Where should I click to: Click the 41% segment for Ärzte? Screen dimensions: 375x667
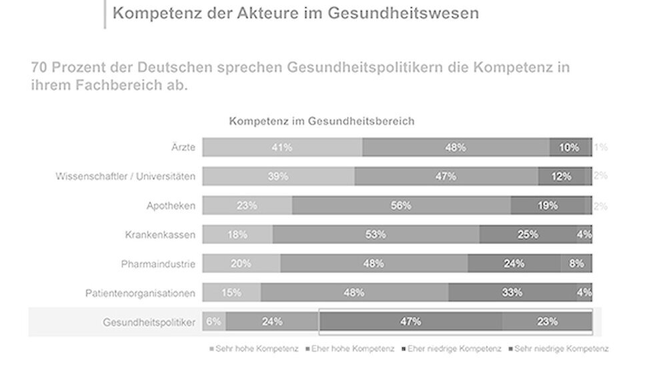click(282, 147)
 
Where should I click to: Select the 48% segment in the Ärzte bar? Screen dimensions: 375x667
click(456, 147)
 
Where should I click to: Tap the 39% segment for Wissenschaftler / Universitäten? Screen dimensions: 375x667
click(278, 176)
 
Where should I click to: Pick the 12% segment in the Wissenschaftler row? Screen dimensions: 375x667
click(562, 176)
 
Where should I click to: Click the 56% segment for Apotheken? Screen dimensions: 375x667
click(401, 206)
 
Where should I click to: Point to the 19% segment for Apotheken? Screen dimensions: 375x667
click(548, 206)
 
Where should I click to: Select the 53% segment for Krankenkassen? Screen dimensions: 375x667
click(376, 234)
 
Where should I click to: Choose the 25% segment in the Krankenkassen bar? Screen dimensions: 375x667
click(528, 234)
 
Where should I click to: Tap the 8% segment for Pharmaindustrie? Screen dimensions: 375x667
click(576, 264)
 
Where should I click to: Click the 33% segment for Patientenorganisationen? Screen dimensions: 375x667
click(512, 292)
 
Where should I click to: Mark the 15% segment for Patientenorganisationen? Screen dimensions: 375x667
click(231, 292)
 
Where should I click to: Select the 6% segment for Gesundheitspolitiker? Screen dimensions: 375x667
click(214, 322)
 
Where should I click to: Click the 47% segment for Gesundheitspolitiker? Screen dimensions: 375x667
click(410, 322)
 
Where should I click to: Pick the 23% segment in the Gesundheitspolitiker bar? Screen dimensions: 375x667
click(547, 322)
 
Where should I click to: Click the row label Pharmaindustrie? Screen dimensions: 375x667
click(158, 264)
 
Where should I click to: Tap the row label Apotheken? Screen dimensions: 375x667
click(171, 206)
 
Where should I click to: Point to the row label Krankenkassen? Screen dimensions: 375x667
click(160, 235)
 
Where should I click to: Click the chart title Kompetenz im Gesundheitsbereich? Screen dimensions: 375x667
click(321, 121)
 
